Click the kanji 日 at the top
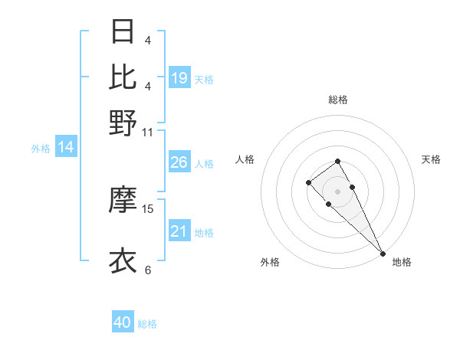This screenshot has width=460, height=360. pyautogui.click(x=123, y=32)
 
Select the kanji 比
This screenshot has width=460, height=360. pyautogui.click(x=123, y=77)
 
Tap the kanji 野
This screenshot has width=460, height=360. pyautogui.click(x=123, y=123)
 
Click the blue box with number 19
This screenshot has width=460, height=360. pyautogui.click(x=179, y=77)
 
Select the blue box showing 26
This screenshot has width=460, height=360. pyautogui.click(x=179, y=162)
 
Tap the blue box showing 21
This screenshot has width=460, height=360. pyautogui.click(x=179, y=231)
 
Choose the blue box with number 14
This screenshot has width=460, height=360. pyautogui.click(x=66, y=148)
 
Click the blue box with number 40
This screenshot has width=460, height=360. pyautogui.click(x=123, y=322)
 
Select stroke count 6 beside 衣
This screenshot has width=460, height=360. pyautogui.click(x=147, y=270)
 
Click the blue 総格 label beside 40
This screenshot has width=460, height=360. pyautogui.click(x=147, y=324)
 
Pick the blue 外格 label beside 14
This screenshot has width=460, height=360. pyautogui.click(x=41, y=149)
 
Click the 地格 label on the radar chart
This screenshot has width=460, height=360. pyautogui.click(x=402, y=262)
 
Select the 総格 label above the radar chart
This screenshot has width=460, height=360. pyautogui.click(x=337, y=100)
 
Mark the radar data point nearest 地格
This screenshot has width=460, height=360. pyautogui.click(x=383, y=254)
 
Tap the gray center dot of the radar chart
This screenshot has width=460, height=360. pyautogui.click(x=337, y=191)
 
